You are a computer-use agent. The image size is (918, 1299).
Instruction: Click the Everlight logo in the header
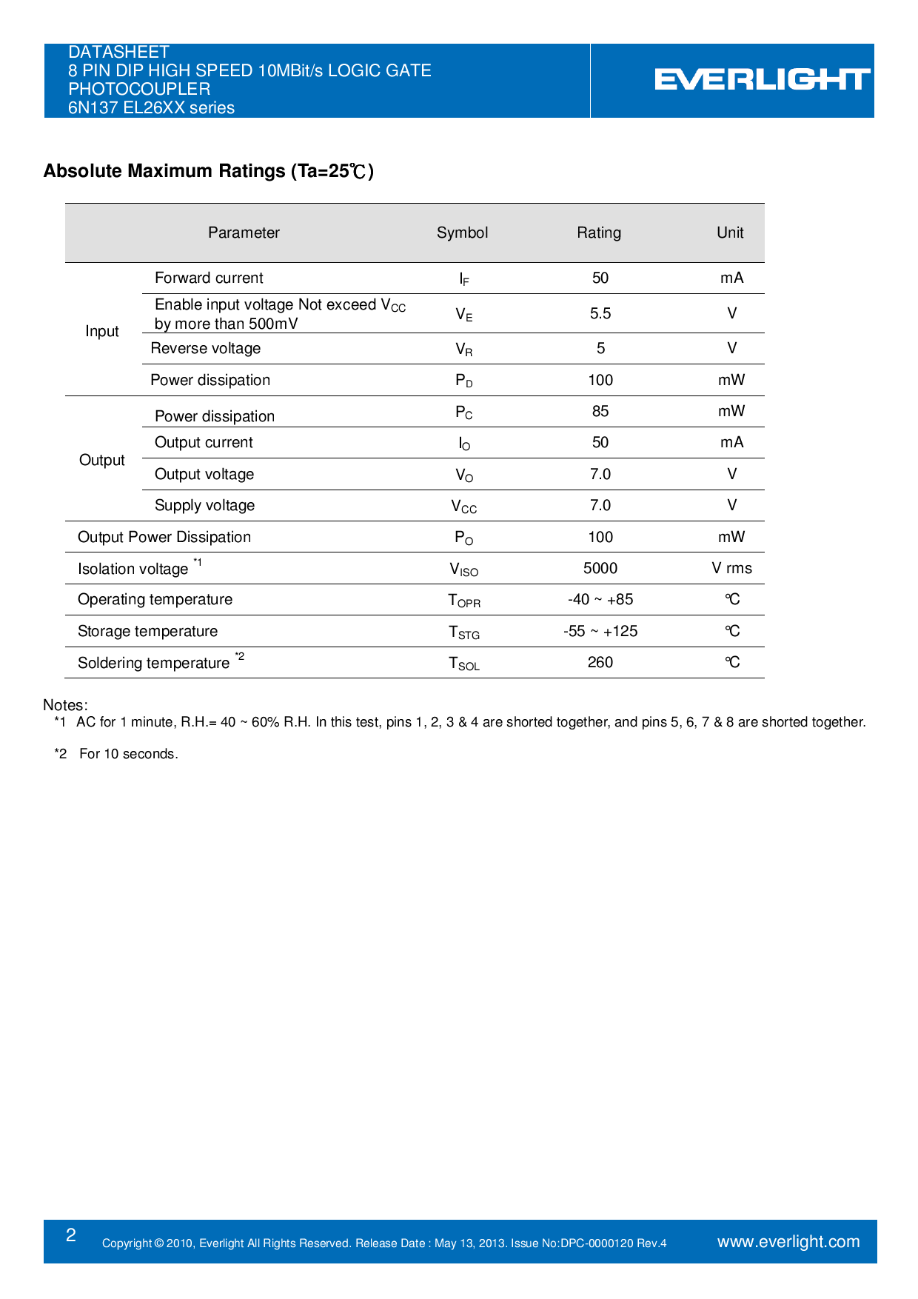point(762,80)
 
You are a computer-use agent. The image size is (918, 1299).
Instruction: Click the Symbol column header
point(462,233)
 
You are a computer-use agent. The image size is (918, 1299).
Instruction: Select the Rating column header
point(599,233)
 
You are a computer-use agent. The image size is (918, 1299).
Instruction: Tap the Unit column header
point(730,233)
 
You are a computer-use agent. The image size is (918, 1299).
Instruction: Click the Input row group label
point(102,331)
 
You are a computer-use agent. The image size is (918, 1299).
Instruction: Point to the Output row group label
point(102,460)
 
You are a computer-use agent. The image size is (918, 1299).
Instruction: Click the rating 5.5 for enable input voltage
point(600,313)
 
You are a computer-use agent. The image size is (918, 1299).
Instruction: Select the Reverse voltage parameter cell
point(206,348)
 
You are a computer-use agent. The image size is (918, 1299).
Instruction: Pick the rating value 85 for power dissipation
point(600,411)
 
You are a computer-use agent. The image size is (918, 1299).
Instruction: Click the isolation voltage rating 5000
point(600,568)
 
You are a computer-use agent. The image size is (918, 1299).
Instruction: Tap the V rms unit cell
point(731,568)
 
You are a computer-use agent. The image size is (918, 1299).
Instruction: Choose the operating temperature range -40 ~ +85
point(600,599)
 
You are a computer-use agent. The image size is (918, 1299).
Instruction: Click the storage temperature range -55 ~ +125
point(600,631)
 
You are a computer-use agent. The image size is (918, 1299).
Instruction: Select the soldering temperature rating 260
point(600,662)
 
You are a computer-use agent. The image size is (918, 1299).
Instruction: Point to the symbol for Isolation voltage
point(464,570)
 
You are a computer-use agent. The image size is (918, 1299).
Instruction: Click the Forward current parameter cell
point(209,278)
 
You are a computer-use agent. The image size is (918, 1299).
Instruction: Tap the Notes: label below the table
point(65,705)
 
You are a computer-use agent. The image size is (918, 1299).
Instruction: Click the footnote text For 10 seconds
point(129,754)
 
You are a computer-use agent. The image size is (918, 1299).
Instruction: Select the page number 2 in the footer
point(71,1235)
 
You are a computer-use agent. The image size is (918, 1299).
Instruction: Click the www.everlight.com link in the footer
point(788,1242)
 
